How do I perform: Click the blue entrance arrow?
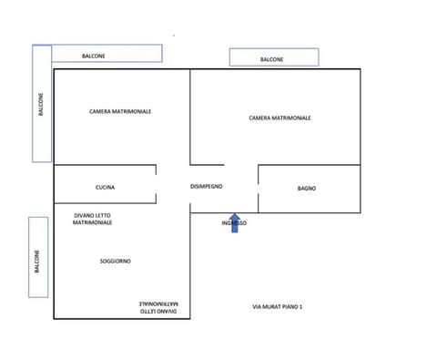234,223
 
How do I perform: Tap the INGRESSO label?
234,223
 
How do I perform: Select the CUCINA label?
105,188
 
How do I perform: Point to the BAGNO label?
307,188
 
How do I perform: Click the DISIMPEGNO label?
206,187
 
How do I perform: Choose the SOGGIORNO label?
116,261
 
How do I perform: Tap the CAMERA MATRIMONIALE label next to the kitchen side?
120,111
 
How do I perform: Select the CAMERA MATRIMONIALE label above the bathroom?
279,118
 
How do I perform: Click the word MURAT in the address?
272,307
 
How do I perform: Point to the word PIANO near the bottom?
290,307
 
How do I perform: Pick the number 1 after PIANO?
300,307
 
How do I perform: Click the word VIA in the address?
258,307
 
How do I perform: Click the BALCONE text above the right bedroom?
271,59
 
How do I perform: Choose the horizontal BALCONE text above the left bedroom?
94,55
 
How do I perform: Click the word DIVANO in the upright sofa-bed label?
85,215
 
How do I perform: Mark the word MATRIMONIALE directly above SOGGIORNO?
95,222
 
